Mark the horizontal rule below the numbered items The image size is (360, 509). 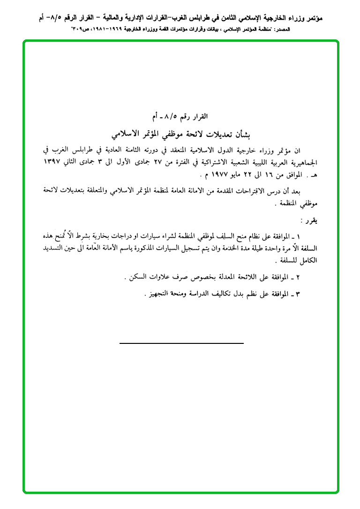181,343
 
